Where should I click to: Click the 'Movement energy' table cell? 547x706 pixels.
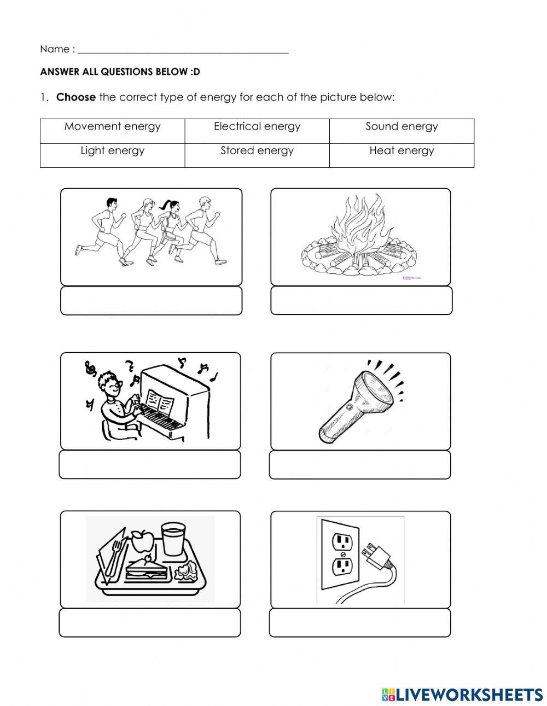[112, 127]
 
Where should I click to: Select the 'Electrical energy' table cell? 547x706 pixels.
[257, 127]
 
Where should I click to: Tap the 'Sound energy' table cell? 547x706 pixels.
[401, 127]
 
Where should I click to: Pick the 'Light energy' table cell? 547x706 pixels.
[112, 151]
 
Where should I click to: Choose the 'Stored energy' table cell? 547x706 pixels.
[257, 151]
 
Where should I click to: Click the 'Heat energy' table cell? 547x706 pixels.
[401, 151]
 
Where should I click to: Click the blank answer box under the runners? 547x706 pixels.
[151, 301]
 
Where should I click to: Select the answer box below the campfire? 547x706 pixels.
[361, 301]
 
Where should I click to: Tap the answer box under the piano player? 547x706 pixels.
[150, 465]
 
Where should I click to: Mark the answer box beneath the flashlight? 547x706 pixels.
[360, 465]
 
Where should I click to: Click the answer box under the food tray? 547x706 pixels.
[150, 623]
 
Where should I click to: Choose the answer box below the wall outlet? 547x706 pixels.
[360, 623]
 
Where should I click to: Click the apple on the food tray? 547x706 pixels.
[141, 541]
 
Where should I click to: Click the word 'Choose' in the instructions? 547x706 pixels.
[76, 97]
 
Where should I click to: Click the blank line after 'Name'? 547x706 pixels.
[183, 50]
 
